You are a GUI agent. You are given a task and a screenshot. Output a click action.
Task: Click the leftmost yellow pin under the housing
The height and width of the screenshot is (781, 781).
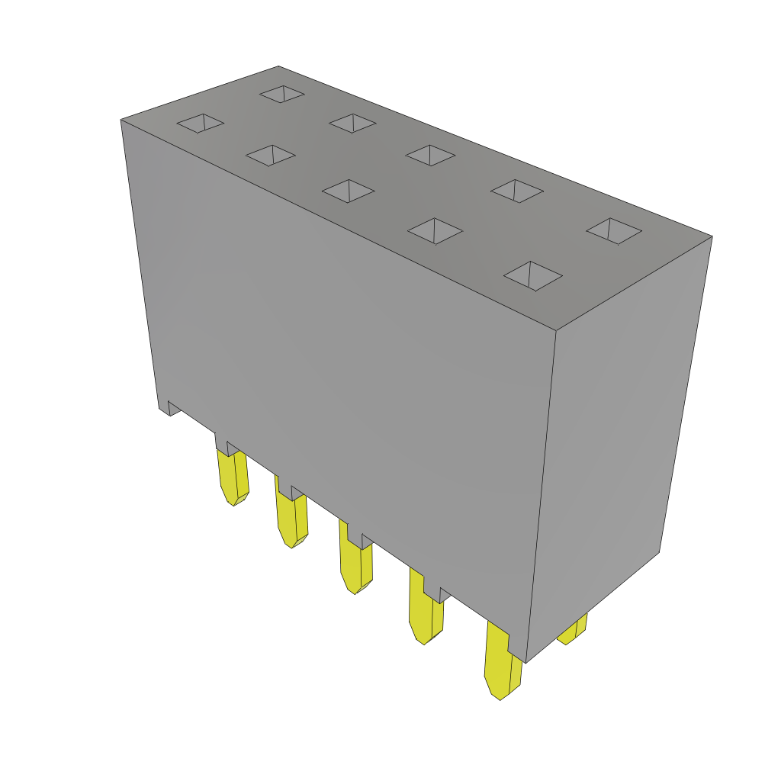click(x=233, y=477)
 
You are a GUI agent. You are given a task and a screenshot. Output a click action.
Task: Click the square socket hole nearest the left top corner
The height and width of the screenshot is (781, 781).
click(x=201, y=123)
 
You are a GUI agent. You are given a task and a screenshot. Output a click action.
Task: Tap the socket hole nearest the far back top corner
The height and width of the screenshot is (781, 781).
click(x=282, y=94)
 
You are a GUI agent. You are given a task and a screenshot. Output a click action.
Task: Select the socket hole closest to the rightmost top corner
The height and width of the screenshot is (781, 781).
click(x=614, y=230)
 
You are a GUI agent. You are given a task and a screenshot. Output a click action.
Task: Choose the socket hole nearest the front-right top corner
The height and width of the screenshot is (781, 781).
click(x=532, y=275)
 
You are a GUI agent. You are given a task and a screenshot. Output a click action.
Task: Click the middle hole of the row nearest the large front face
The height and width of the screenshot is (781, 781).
click(x=349, y=191)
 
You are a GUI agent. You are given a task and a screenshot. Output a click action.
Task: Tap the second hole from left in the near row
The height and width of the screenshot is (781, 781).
click(x=271, y=155)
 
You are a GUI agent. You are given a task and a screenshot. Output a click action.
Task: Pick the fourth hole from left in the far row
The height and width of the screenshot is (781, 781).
click(x=517, y=191)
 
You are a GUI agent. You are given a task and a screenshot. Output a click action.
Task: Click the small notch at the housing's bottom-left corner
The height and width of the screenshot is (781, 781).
click(x=169, y=408)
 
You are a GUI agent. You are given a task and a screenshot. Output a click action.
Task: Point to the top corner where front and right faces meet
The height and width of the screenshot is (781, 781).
click(x=555, y=330)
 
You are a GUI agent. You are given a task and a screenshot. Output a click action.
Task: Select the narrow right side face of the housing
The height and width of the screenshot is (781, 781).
click(x=618, y=450)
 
